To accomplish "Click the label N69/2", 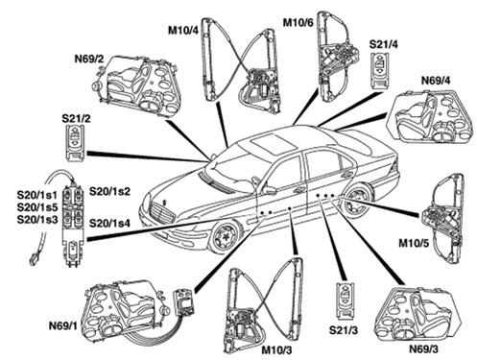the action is (89, 59).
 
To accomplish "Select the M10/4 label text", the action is (183, 30).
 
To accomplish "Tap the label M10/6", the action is (298, 22).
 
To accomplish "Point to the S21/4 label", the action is (384, 44).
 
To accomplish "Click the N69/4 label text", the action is (436, 81).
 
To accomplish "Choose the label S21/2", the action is (76, 118).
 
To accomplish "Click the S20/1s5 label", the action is (37, 207).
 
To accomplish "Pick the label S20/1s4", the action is (109, 223).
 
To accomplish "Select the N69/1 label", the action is (63, 325).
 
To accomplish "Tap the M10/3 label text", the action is (277, 350).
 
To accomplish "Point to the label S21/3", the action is (344, 330).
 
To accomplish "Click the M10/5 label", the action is (414, 243).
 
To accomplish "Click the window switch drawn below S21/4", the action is (380, 70).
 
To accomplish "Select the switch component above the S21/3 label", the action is (345, 300).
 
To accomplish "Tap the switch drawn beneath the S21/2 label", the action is (75, 143).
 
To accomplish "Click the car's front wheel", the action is (227, 237).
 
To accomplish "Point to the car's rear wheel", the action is (357, 201).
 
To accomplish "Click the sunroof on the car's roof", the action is (273, 143).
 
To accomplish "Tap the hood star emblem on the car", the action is (165, 203).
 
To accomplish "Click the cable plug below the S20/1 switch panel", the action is (35, 260).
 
